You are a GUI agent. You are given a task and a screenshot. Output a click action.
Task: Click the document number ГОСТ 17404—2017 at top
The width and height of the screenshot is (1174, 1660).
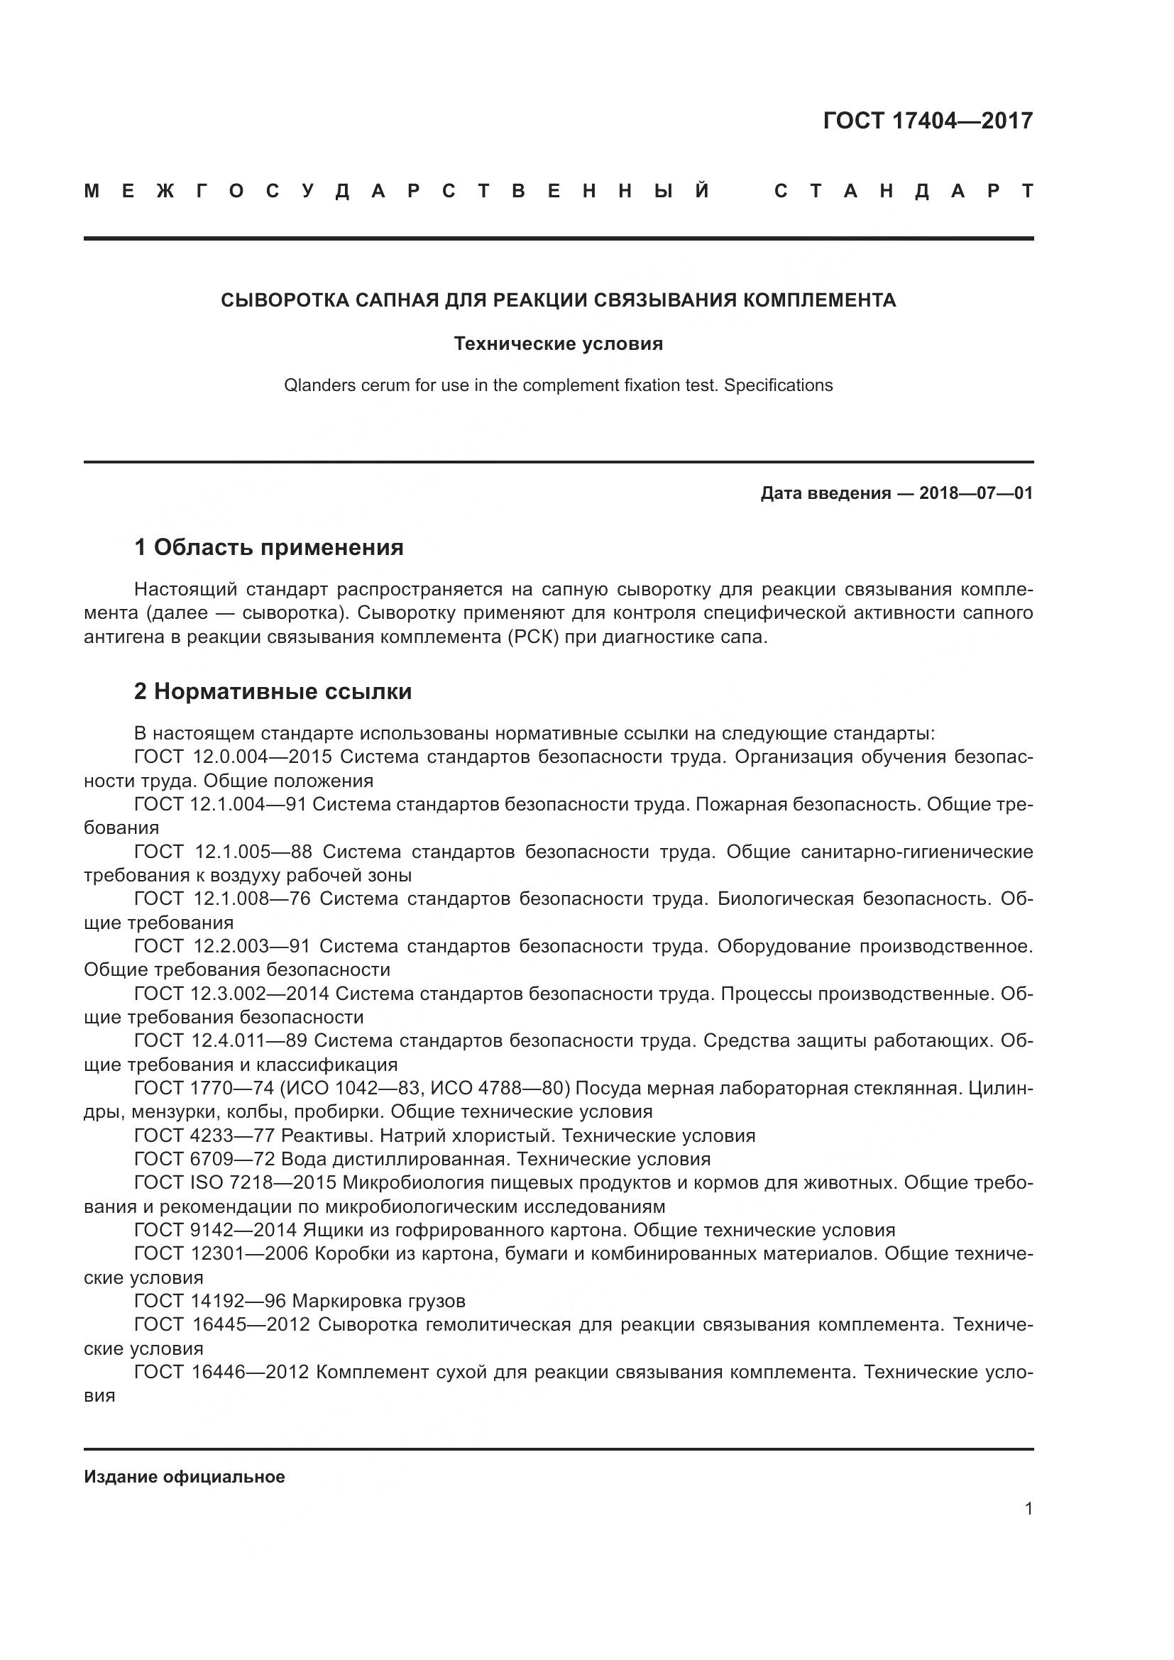click(x=928, y=121)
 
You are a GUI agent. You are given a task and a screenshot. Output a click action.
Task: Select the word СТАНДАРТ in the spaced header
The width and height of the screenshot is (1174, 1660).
click(x=903, y=192)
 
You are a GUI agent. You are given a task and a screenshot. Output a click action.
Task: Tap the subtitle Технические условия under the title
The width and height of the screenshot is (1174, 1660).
click(x=558, y=343)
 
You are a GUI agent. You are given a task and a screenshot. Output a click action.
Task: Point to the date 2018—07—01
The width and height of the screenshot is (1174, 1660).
click(x=975, y=493)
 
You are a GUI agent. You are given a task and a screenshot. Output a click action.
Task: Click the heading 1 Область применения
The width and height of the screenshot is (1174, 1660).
click(x=268, y=547)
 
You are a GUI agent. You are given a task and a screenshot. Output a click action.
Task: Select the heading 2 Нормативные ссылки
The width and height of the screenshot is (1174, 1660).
click(x=273, y=691)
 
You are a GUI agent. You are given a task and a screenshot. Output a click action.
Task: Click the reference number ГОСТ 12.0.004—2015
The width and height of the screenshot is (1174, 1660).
click(x=233, y=757)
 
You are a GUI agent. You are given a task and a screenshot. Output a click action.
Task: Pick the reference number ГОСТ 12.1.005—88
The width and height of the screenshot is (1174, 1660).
click(x=223, y=852)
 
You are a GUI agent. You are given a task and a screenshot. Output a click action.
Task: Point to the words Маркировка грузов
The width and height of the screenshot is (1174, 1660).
click(x=378, y=1302)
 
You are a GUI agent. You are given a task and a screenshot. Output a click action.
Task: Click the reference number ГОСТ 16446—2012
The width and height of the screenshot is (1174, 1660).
click(x=221, y=1373)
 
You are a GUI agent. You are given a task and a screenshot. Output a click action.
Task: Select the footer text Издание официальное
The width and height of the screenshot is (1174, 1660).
click(x=185, y=1477)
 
